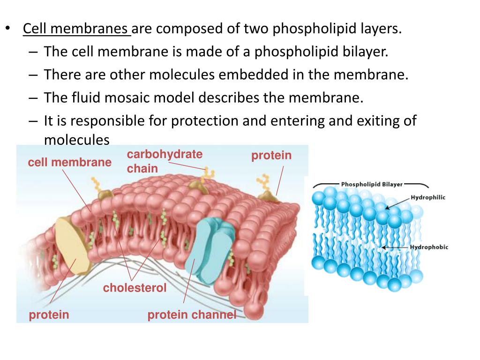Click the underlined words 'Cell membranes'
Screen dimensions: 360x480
click(x=77, y=29)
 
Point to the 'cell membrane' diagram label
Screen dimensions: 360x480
click(x=70, y=163)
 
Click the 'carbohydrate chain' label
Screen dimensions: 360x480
click(x=165, y=161)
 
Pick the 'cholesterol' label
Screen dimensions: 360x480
click(x=135, y=288)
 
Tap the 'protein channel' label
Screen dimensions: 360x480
click(x=192, y=315)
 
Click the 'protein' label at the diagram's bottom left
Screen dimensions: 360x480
click(x=49, y=315)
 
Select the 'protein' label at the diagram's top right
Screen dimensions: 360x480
click(x=271, y=156)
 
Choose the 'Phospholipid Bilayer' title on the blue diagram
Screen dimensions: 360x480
click(x=371, y=184)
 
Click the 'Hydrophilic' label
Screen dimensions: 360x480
click(x=428, y=197)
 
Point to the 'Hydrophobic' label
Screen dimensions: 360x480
click(x=429, y=247)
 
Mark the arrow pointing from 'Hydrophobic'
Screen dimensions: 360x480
click(x=395, y=247)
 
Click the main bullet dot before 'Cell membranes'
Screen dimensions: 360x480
click(x=8, y=28)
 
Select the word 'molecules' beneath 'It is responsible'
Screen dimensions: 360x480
click(x=76, y=140)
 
